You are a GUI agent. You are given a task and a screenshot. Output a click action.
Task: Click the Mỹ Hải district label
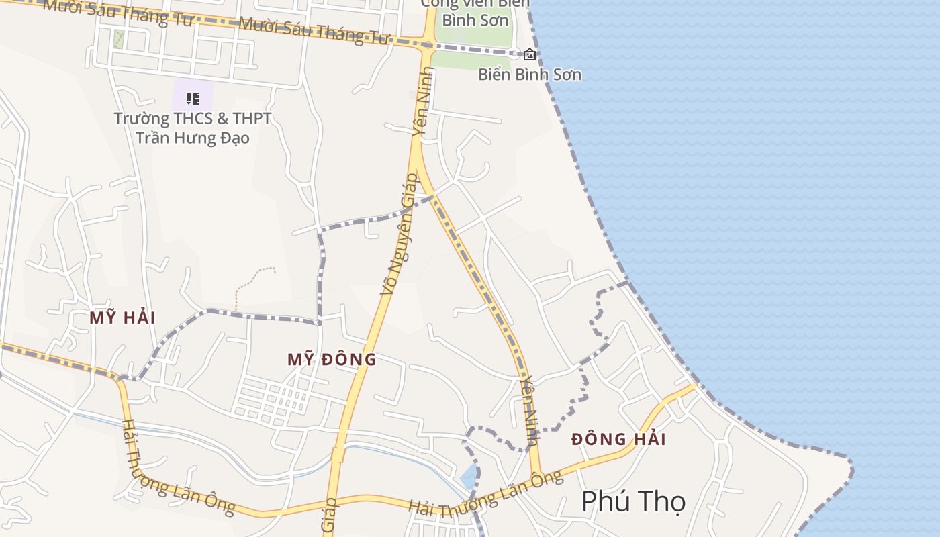point(122,318)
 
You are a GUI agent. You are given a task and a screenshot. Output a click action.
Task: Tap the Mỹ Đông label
point(332,360)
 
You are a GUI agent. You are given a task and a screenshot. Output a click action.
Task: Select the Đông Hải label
point(618,440)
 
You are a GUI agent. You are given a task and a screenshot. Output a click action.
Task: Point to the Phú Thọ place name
point(633,501)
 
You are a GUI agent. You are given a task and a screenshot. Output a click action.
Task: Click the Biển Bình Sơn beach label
point(530,75)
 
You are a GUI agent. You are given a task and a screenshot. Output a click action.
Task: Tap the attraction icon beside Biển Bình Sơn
point(530,54)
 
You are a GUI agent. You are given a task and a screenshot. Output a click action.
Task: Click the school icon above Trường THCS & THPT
point(193,99)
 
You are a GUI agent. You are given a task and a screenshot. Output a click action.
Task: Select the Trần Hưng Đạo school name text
point(193,138)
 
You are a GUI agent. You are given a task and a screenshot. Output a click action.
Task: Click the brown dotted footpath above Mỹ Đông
point(255,282)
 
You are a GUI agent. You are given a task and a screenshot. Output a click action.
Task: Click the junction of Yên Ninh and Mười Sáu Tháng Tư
point(428,46)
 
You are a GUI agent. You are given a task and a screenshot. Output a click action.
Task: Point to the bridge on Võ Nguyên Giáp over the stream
point(338,455)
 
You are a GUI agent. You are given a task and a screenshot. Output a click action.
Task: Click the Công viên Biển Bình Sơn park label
point(475,12)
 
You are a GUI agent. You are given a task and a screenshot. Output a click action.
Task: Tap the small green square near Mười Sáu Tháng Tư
point(119,38)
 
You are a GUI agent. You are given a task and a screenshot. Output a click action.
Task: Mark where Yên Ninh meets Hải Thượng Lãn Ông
point(536,476)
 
